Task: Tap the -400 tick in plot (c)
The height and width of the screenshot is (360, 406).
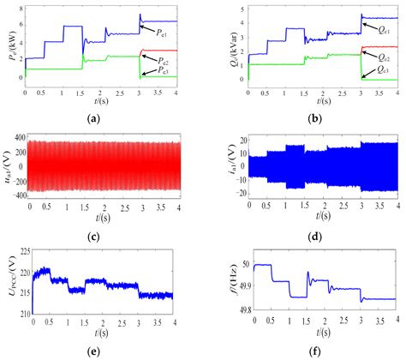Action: click(x=18, y=196)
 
